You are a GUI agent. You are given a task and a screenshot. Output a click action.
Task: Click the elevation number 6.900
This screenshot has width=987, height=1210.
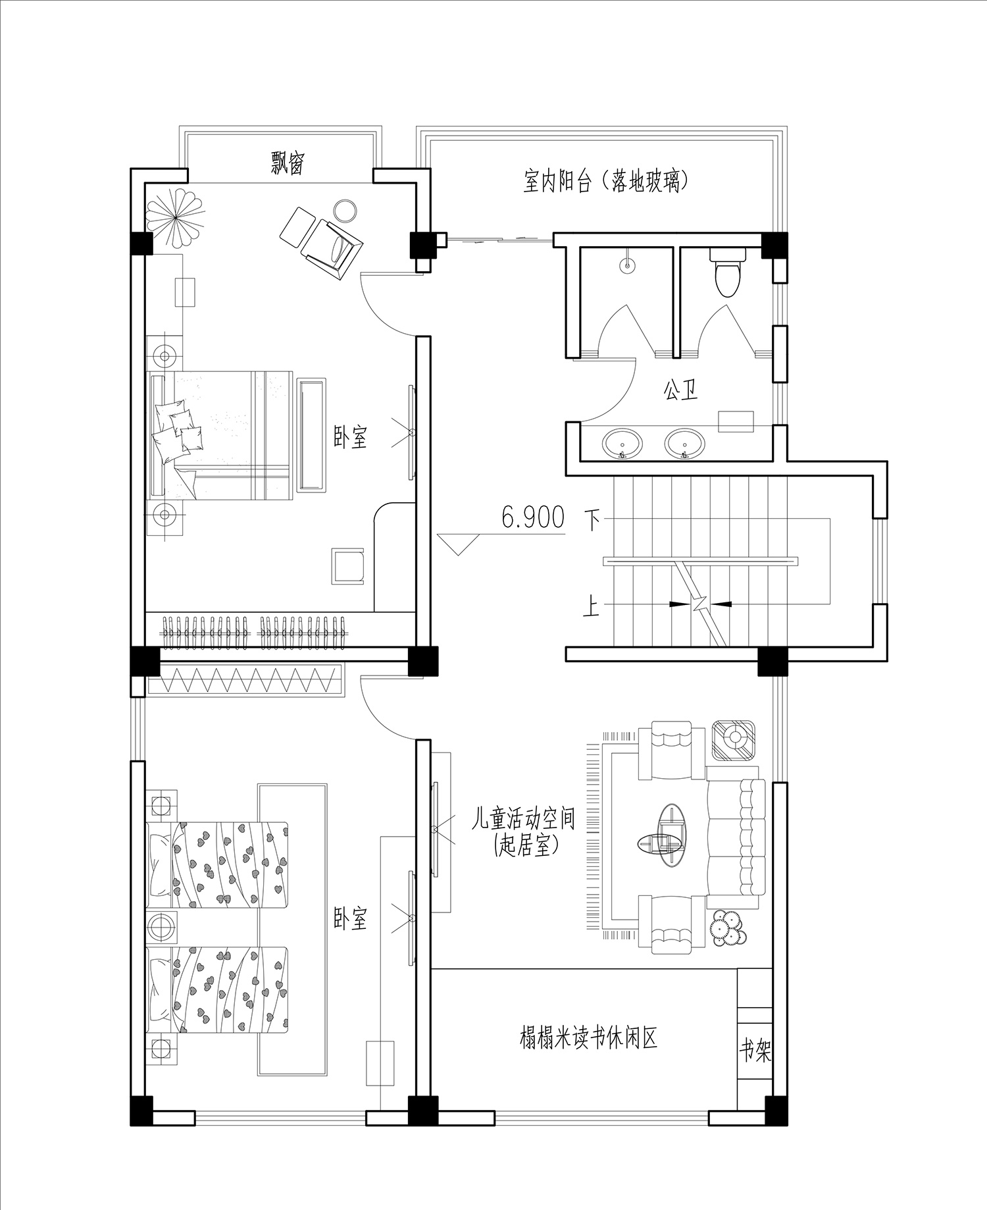pos(533,517)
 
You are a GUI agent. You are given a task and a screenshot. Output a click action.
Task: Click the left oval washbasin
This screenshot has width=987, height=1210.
pos(622,444)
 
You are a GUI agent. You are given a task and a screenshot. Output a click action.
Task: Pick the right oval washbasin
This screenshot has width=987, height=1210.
pos(685,444)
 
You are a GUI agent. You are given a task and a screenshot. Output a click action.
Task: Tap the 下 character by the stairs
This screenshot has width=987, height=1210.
pos(593,520)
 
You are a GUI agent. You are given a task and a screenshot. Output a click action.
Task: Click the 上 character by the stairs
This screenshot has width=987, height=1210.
pos(592,605)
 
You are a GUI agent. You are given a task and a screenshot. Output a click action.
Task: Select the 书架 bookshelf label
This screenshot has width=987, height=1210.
pos(755,1051)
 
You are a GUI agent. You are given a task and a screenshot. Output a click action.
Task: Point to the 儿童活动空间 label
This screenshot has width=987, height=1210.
pos(523,820)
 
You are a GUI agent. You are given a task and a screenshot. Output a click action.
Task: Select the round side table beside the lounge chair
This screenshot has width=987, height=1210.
pos(345,211)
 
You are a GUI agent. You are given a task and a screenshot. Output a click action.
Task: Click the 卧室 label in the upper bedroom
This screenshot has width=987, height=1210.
pos(350,437)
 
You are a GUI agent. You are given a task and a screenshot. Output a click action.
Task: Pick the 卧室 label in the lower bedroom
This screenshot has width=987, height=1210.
pos(350,918)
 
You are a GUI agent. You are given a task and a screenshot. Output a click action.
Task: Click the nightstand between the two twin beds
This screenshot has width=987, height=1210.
pos(161,928)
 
